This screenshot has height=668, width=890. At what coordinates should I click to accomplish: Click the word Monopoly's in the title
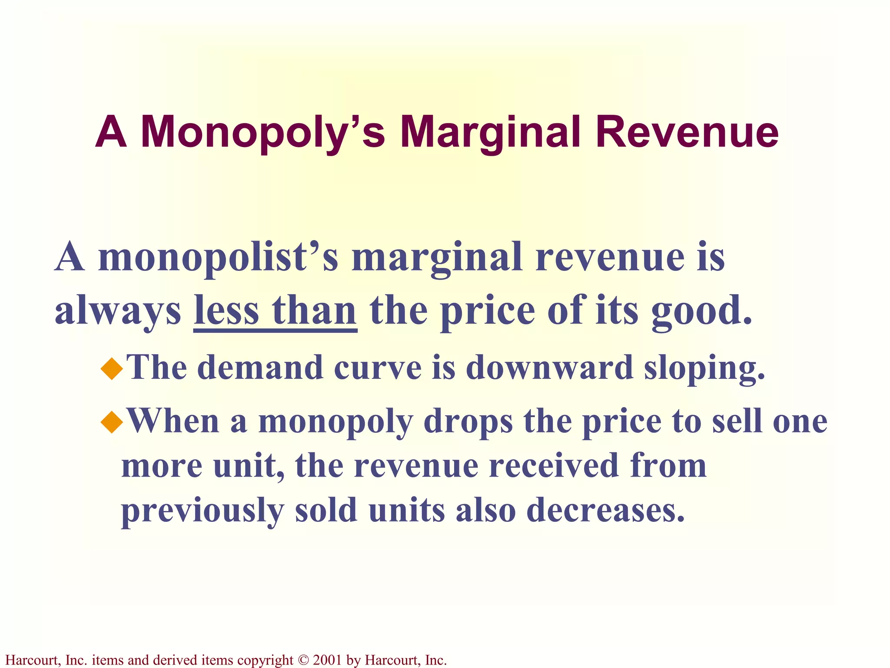262,133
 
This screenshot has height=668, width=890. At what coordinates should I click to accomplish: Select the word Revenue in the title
687,133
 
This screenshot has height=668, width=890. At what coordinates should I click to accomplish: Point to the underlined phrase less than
275,311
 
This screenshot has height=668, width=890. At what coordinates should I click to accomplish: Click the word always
118,311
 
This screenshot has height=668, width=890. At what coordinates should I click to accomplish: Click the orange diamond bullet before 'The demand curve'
112,368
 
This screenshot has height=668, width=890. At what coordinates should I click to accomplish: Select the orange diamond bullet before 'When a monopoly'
112,421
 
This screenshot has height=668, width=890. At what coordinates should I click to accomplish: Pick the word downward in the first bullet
549,367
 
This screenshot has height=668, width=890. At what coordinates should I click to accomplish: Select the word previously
203,511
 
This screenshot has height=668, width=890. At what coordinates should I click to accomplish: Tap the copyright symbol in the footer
303,660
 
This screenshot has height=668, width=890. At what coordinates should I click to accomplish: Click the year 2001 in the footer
327,660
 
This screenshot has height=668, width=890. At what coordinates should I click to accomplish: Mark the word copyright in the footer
266,660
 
